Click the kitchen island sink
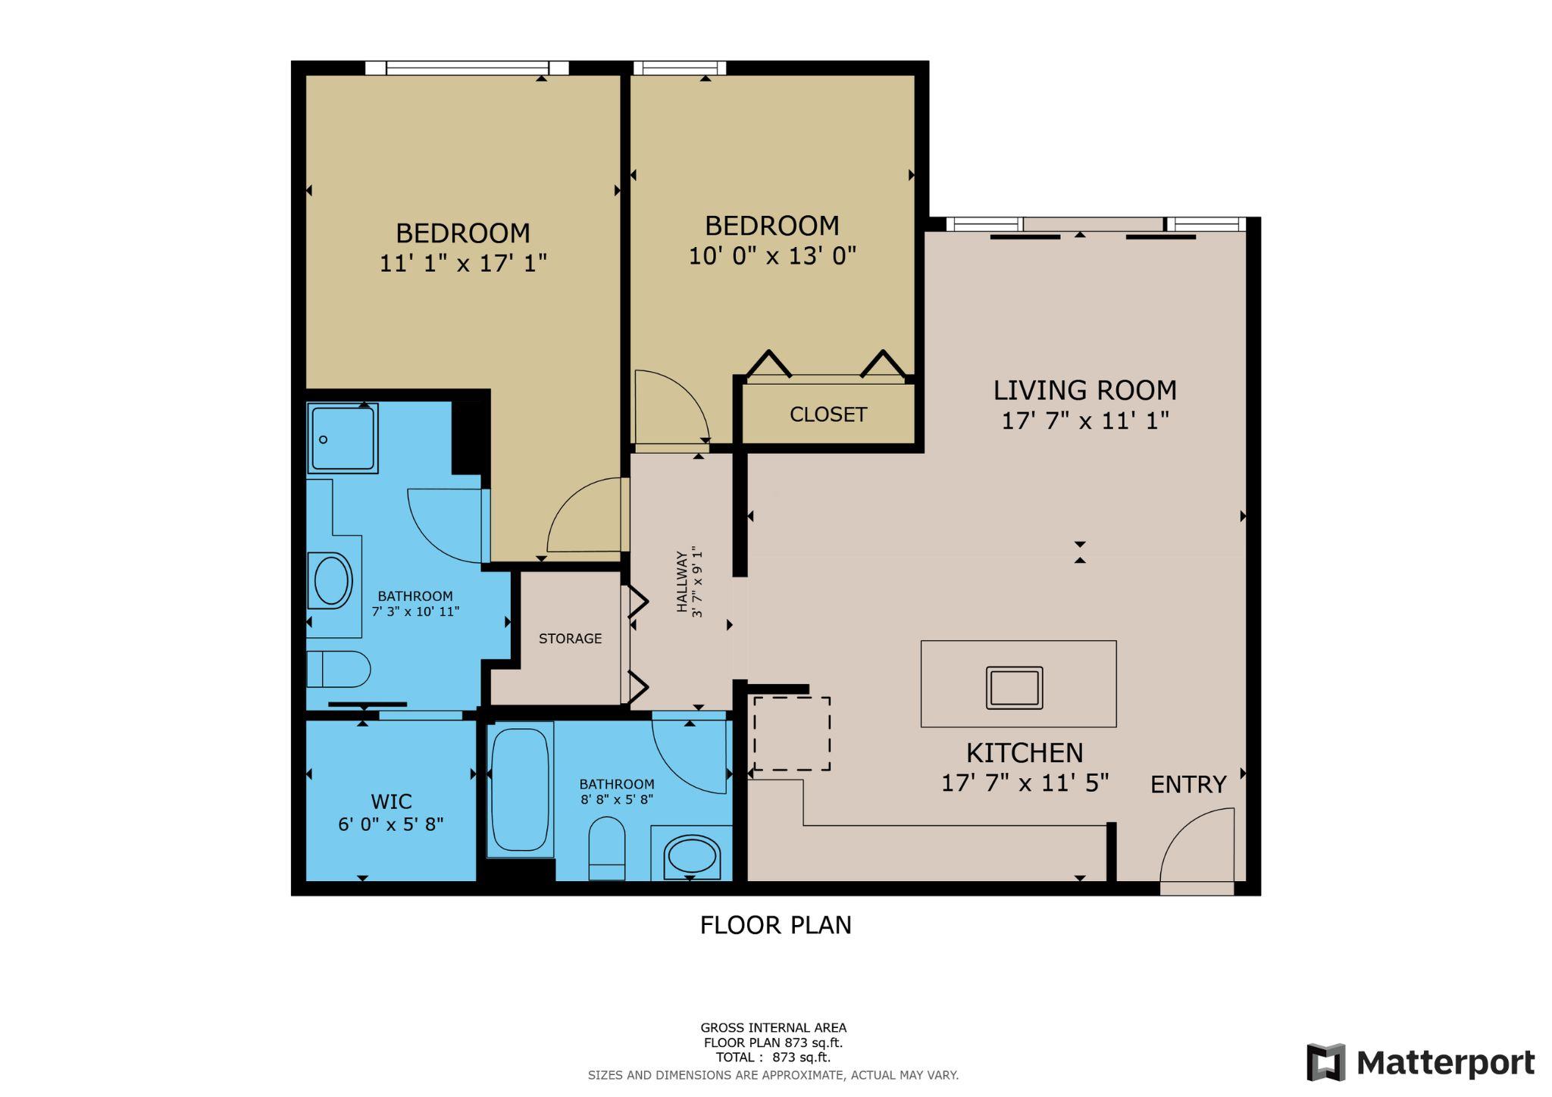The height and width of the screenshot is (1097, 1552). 1014,688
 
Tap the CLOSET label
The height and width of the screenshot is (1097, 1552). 828,414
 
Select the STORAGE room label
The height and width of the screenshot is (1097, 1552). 570,639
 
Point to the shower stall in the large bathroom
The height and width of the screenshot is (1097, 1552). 343,438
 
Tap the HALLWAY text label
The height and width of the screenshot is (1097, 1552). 682,582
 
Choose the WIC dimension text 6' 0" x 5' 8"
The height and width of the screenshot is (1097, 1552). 390,824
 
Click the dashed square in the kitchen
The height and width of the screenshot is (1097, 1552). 791,733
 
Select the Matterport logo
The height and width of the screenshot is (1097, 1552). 1419,1062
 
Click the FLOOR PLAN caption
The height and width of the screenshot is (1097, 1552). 775,925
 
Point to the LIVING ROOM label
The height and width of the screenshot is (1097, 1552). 1084,390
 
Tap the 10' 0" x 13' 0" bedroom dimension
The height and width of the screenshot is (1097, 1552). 771,256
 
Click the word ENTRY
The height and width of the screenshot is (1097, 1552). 1187,785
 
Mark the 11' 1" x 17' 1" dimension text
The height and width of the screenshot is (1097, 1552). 462,263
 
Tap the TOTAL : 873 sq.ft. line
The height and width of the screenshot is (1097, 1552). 773,1057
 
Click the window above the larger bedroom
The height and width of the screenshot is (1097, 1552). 467,68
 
